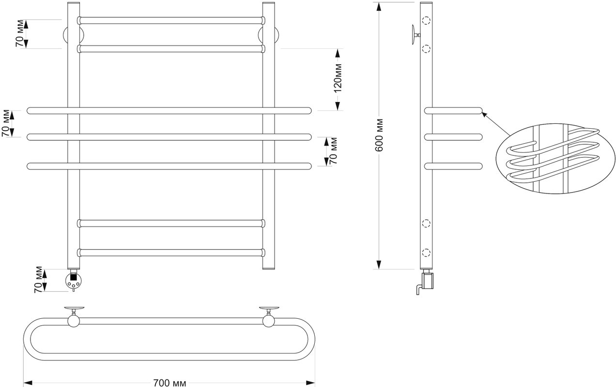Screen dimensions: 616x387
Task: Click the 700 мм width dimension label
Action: [169, 383]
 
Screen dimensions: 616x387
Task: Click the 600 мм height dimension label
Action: [379, 135]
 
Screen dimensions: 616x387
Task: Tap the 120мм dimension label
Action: [338, 78]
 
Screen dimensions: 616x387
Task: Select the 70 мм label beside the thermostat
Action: [39, 280]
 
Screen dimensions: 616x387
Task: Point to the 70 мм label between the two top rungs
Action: [20, 33]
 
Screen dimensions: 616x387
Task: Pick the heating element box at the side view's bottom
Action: [428, 281]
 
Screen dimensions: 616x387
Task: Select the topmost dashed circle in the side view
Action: [426, 20]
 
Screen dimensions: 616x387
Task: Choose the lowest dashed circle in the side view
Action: [426, 253]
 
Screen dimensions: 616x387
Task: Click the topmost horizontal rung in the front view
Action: [171, 20]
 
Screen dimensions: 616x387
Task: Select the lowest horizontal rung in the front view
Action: [171, 253]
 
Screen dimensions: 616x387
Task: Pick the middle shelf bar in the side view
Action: [453, 137]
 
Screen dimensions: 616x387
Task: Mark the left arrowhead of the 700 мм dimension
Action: [28, 383]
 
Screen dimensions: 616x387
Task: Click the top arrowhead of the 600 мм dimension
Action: [379, 7]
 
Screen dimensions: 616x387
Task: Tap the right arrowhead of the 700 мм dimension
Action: [310, 383]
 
